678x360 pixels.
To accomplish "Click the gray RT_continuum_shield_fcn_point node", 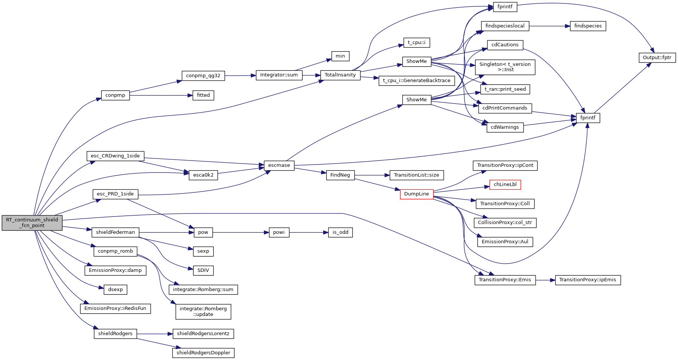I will click(32, 223).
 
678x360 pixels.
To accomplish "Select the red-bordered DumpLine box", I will click(417, 194).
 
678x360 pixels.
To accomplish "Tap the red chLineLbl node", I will click(505, 185).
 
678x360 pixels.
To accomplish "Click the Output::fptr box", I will click(657, 58).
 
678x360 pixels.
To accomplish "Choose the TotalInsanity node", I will click(340, 75).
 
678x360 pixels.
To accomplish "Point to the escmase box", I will click(279, 165).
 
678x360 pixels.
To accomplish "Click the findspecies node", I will click(588, 26).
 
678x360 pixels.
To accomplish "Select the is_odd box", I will click(341, 232).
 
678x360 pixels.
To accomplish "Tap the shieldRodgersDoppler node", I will click(203, 353).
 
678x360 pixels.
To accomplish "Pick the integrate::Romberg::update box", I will click(203, 311).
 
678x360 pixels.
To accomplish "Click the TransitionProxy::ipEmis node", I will click(588, 280).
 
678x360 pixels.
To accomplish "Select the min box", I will click(341, 56).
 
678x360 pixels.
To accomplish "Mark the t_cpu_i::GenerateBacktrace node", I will click(417, 81).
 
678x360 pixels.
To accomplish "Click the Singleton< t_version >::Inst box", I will click(505, 67).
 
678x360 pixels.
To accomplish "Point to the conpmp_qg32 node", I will click(203, 76).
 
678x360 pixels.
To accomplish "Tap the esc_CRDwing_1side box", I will click(115, 156).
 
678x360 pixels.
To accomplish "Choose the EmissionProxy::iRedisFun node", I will click(115, 308).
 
